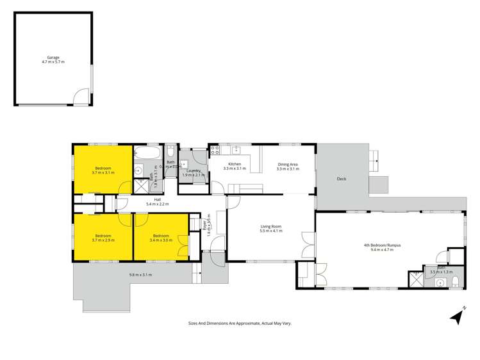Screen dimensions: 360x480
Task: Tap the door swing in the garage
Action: (80, 98)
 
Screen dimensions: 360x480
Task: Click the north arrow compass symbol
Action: (456, 315)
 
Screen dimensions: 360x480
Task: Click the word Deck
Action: (342, 179)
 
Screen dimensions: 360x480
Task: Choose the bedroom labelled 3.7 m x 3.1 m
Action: (103, 170)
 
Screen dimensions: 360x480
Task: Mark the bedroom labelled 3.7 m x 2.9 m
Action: (103, 238)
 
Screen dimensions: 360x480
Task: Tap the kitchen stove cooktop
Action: (215, 151)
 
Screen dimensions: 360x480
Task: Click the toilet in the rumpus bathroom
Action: (454, 282)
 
